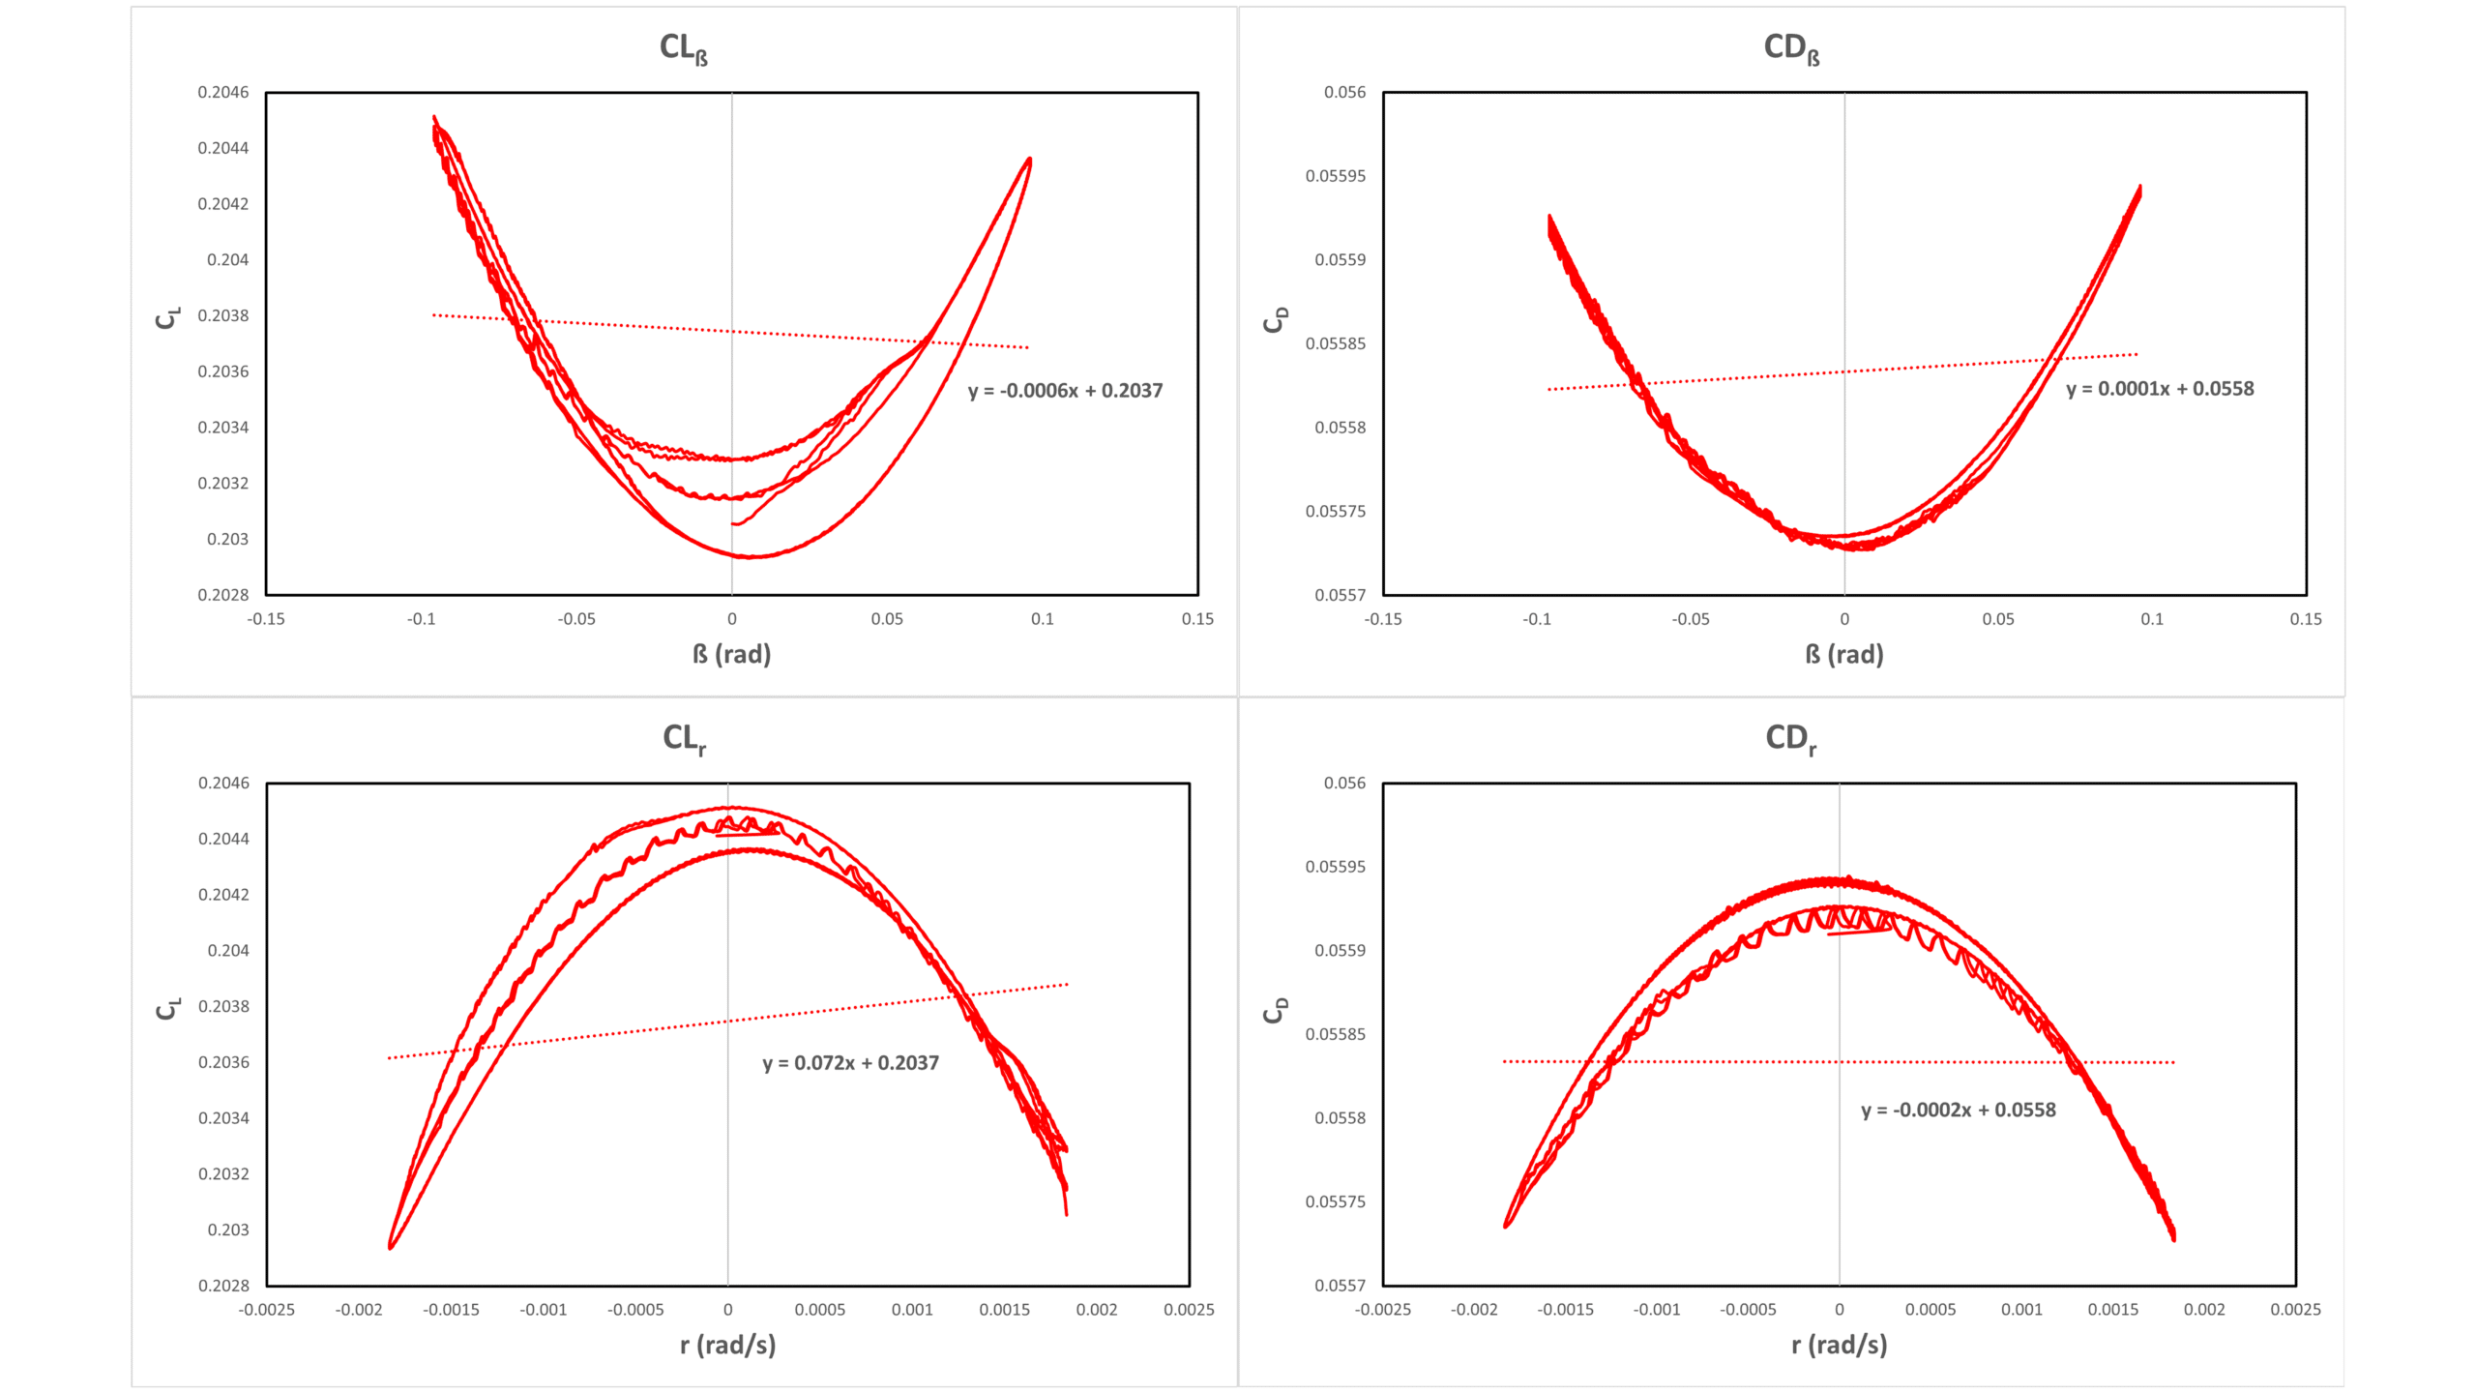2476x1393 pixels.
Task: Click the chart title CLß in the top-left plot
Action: tap(684, 48)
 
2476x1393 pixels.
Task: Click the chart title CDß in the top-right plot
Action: tap(1791, 48)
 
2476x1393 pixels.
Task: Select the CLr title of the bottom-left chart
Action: tap(684, 739)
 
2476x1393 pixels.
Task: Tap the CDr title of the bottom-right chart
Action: tap(1790, 739)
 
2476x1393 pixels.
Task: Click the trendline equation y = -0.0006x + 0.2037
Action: tap(1065, 391)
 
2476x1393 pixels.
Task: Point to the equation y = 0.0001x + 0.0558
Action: tap(2160, 389)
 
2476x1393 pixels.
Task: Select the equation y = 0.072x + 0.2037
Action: tap(850, 1063)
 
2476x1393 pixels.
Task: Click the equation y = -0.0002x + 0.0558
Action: tap(1959, 1111)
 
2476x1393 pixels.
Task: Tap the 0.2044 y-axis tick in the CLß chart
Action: tap(223, 148)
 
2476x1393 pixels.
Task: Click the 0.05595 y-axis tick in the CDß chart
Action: tap(1336, 176)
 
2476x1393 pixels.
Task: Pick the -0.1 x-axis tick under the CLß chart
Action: tap(421, 619)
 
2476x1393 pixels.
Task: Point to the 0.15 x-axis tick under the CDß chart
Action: tap(2306, 619)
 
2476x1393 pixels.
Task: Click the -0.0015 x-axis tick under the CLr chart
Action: tap(451, 1310)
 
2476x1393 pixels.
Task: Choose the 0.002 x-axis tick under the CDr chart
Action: tap(2204, 1310)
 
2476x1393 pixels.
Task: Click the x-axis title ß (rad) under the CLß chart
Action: tap(731, 655)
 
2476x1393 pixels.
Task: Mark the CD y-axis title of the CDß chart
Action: tap(1276, 319)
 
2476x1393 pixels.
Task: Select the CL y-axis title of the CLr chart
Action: tap(167, 1009)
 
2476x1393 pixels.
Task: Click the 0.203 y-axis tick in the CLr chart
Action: tap(228, 1230)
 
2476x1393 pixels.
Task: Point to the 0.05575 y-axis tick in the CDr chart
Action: tap(1336, 1201)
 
